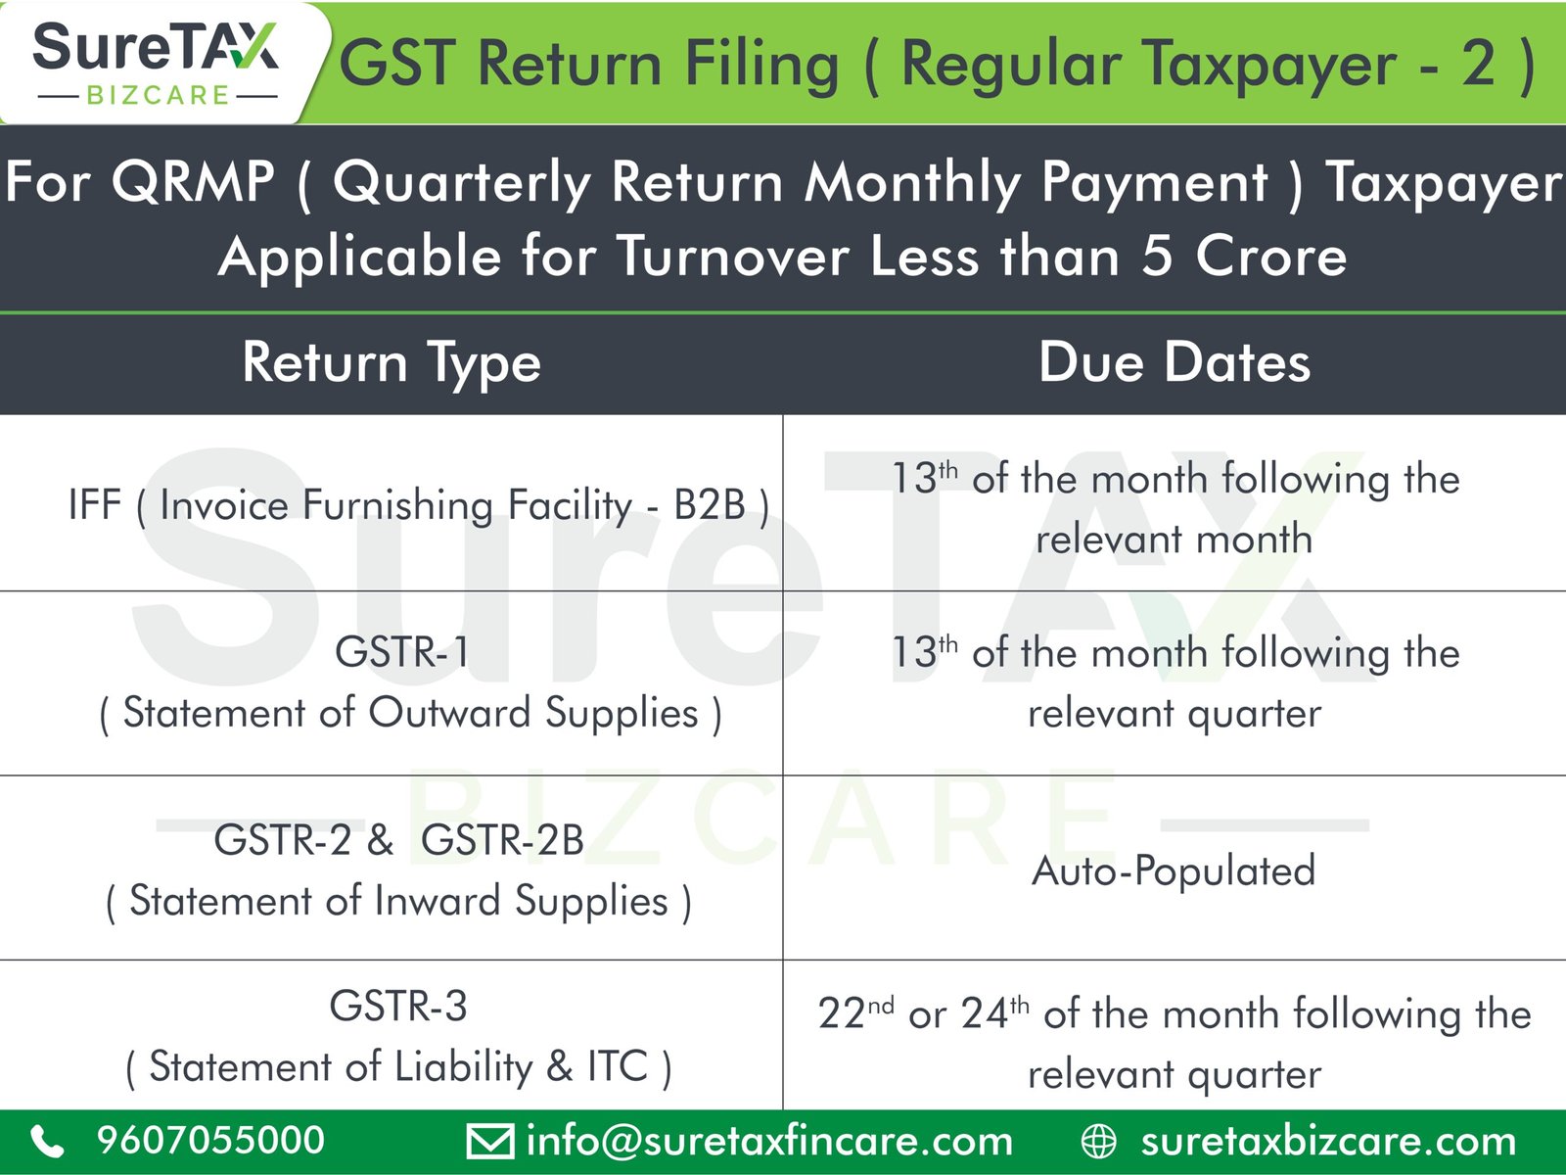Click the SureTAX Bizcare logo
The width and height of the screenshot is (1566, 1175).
pos(156,64)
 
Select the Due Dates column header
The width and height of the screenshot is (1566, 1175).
pos(1174,362)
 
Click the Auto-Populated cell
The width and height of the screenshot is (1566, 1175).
pos(1174,871)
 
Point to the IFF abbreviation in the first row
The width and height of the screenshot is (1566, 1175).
pos(95,504)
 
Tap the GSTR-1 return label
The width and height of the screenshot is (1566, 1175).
pos(402,651)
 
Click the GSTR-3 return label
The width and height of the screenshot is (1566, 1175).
pos(398,1006)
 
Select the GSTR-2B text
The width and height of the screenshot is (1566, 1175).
pos(502,840)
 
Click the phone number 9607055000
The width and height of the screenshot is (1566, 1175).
pos(210,1140)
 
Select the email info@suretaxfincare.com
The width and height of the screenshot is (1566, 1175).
pos(769,1141)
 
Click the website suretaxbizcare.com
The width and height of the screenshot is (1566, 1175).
pos(1328,1141)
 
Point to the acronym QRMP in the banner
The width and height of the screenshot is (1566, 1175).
pos(193,183)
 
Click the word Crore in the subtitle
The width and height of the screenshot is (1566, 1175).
pos(1271,257)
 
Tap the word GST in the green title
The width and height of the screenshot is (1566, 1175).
pos(397,64)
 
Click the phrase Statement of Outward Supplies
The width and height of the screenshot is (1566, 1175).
pos(410,713)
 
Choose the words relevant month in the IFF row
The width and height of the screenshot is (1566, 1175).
pos(1174,539)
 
